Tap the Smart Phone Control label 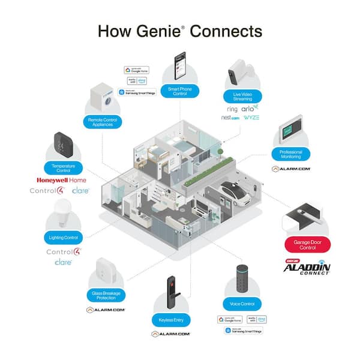(x=181, y=91)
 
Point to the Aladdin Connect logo (x=307, y=268)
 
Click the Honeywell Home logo (x=61, y=180)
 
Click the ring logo (x=232, y=109)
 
